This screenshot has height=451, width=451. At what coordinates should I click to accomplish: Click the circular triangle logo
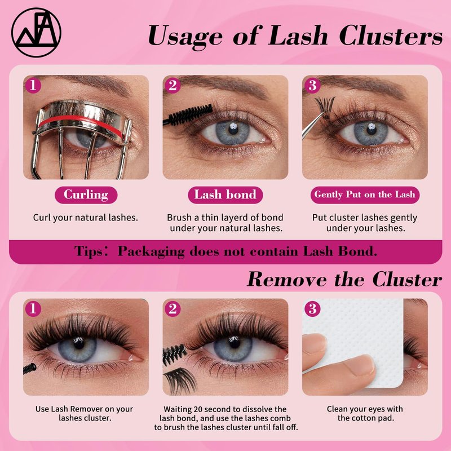click(36, 32)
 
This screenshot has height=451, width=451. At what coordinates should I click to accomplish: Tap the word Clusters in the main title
click(391, 35)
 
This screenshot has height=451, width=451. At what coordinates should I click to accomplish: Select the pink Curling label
click(86, 194)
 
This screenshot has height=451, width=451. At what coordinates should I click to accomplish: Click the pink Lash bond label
click(225, 194)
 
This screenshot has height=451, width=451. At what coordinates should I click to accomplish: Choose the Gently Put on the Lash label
click(365, 194)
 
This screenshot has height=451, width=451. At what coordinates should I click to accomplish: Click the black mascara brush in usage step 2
click(188, 115)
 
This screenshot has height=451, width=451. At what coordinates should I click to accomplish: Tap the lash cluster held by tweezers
click(325, 107)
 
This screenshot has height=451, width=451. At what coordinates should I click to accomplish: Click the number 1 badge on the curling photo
click(33, 86)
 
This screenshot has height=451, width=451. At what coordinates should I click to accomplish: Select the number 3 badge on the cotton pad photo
click(312, 309)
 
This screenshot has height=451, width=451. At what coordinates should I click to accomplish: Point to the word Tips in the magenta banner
click(88, 251)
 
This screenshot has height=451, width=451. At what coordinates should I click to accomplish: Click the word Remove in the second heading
click(287, 279)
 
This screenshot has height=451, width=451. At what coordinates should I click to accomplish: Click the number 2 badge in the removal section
click(173, 309)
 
